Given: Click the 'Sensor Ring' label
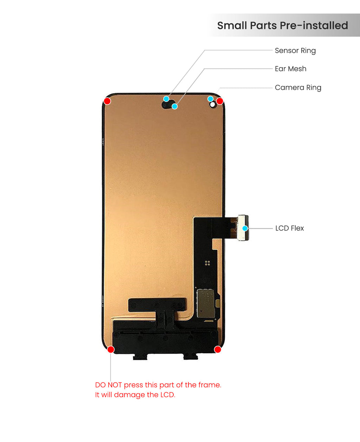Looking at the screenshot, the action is pos(295,51).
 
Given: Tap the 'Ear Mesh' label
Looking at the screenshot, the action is pos(290,69).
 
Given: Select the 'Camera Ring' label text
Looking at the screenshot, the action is pos(298,87).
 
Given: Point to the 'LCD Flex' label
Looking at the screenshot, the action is pos(289,228).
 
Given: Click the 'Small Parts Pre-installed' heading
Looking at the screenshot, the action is pos(282,26).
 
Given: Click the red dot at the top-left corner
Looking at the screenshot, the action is pos(107,101).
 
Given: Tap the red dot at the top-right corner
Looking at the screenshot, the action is pos(220,101).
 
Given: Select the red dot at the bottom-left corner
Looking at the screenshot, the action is pos(111,350).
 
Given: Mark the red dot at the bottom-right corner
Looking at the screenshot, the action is pos(218,350).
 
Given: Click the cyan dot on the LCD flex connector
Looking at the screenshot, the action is pos(245,228).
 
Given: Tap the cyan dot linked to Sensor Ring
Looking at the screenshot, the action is pos(166,99).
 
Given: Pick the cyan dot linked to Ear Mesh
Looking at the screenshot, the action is pos(175,106).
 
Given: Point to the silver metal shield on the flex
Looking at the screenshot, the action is pos(206,303).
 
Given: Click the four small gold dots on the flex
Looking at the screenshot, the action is pos(207,263).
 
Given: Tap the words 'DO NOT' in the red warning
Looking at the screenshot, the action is pos(108,385).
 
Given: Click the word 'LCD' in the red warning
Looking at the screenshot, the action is pos(167,395).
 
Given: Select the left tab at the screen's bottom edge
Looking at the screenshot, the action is pos(140,357).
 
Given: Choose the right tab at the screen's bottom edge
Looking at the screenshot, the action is pos(191,356).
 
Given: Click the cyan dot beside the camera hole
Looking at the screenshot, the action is pos(210,99).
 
